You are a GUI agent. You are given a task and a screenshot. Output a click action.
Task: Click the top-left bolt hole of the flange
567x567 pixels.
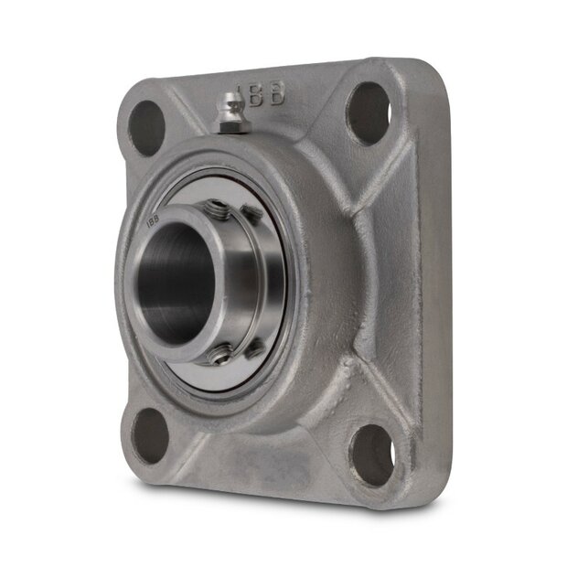coord(145,126)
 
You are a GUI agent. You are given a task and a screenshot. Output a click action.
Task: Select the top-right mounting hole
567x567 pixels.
coord(369,112)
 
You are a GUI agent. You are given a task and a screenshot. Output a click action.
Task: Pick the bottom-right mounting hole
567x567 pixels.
coord(373,454)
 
